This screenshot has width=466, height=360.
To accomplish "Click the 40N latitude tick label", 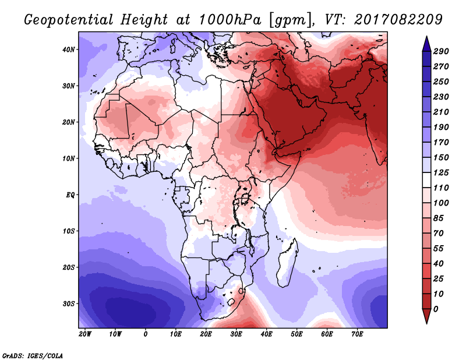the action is click(x=68, y=50).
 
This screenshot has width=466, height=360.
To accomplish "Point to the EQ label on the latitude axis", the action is click(x=70, y=195).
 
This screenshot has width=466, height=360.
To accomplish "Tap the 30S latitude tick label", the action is click(x=69, y=304).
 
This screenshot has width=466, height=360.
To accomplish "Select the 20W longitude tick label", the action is click(x=85, y=334).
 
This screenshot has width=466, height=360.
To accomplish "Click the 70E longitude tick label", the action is click(x=357, y=334).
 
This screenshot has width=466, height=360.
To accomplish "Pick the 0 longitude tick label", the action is click(x=145, y=334).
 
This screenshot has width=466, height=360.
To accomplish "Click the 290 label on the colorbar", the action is click(x=441, y=51).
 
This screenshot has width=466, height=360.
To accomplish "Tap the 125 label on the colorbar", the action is click(x=441, y=172).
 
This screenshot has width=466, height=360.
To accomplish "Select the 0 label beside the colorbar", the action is click(x=436, y=309).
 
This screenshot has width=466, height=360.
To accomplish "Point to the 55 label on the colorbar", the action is click(x=439, y=249).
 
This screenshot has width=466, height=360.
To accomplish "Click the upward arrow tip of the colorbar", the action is click(x=427, y=37).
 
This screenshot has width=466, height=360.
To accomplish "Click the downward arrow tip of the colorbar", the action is click(x=427, y=323).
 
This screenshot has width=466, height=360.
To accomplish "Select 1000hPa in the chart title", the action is click(x=230, y=20).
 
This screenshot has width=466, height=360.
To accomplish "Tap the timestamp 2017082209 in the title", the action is click(x=398, y=20).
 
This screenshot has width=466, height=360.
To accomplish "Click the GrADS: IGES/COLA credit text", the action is click(x=33, y=356).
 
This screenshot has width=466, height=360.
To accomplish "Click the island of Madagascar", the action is click(x=288, y=263).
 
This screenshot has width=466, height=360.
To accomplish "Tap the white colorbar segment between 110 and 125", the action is click(x=427, y=180).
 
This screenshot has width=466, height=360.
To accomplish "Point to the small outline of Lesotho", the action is click(x=231, y=302).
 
